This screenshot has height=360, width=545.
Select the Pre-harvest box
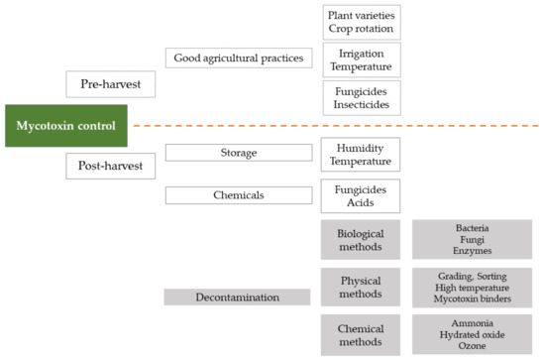[x=110, y=84]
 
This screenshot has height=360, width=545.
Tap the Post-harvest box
[x=110, y=167]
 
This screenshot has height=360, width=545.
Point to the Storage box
[x=237, y=153]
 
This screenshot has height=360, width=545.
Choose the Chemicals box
[x=237, y=195]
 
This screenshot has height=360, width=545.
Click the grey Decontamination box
[x=237, y=297]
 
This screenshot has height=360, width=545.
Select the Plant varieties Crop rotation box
[x=361, y=21]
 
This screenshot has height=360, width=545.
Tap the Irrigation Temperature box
[x=361, y=60]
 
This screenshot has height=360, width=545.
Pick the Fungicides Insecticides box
[x=361, y=98]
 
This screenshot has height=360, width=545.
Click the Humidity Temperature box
[x=361, y=154]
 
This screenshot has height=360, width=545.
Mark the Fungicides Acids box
[x=361, y=195]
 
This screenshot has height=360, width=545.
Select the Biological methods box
[x=361, y=239]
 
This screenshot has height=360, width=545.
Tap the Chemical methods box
[x=361, y=334]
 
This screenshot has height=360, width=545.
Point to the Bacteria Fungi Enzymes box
[x=472, y=239]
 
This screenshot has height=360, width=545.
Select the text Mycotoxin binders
[x=472, y=299]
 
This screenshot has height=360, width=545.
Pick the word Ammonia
[x=472, y=322]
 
